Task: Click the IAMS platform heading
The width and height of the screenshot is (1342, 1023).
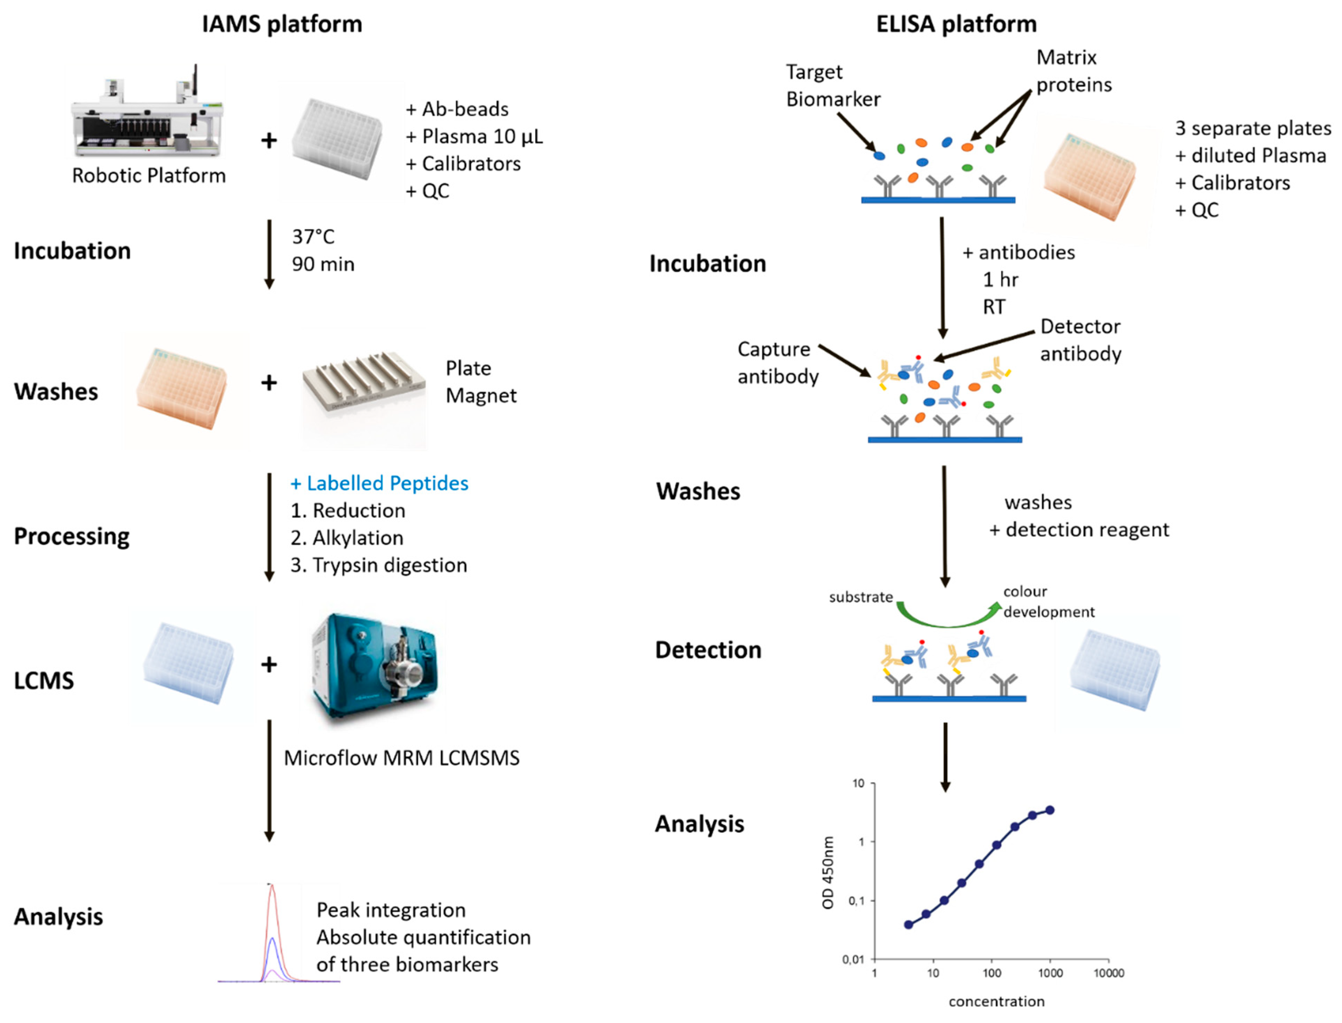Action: [x=282, y=24]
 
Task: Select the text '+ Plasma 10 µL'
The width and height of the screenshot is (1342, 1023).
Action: [x=474, y=136]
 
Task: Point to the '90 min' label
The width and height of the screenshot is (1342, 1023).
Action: [x=323, y=264]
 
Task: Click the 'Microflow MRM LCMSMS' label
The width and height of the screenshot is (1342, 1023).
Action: [x=401, y=758]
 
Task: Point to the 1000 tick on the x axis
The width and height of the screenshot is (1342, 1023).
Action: [x=1050, y=973]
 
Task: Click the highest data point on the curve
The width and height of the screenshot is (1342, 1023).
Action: [x=1050, y=810]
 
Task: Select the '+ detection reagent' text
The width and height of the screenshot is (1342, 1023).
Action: [x=1078, y=530]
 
